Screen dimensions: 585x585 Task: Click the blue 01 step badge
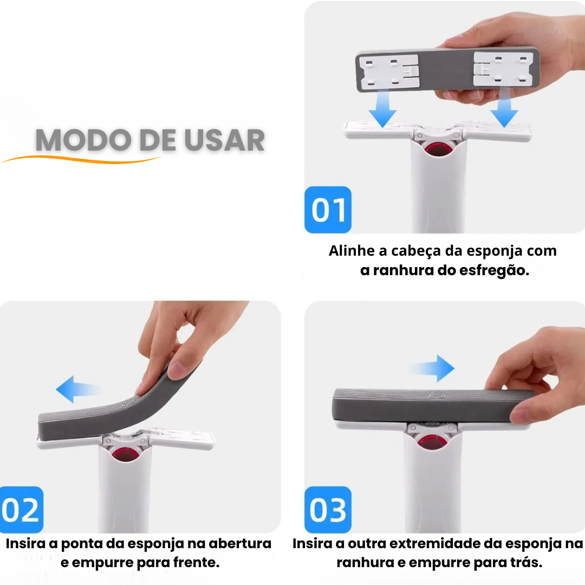(328, 210)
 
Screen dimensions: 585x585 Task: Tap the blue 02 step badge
(21, 510)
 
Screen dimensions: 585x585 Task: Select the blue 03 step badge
(328, 510)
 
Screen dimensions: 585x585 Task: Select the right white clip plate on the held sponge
(503, 69)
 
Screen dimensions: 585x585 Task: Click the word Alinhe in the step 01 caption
(352, 251)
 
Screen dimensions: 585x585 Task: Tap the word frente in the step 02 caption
(192, 563)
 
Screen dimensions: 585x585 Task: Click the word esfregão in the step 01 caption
(493, 271)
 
